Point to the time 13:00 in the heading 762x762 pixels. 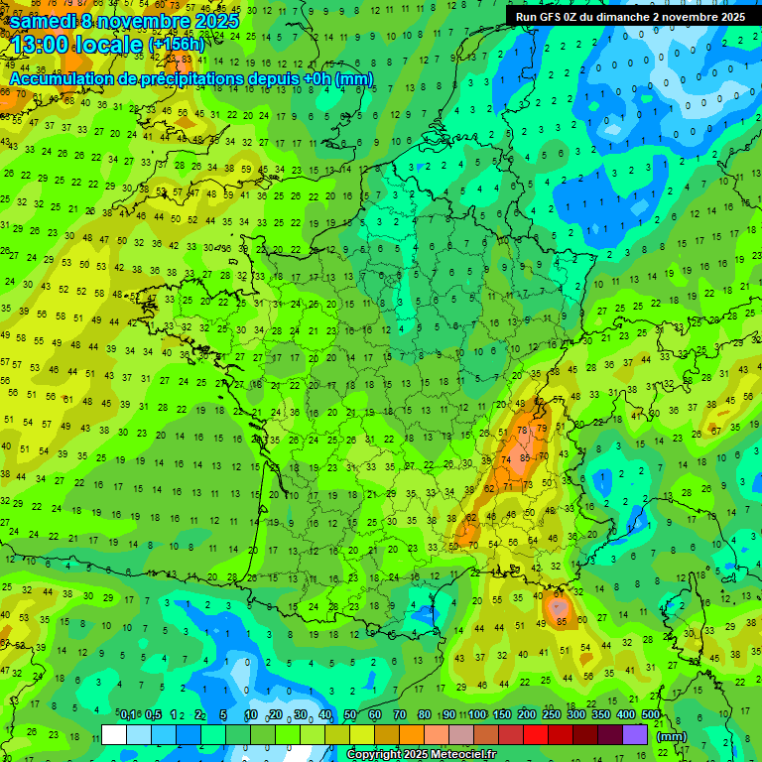[47, 44]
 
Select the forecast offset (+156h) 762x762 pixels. [176, 45]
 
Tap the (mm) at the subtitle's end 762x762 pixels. [353, 78]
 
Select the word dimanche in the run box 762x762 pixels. [632, 17]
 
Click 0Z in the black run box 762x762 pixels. [573, 17]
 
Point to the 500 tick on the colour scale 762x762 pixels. [651, 714]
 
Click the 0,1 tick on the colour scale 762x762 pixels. [128, 714]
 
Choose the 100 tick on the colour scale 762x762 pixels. [476, 714]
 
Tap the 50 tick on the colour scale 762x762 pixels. [350, 714]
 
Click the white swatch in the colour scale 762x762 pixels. [114, 734]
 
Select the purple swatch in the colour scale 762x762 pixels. [635, 734]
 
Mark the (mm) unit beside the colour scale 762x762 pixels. [673, 736]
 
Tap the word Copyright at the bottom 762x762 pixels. [375, 755]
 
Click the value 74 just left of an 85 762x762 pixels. [507, 460]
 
